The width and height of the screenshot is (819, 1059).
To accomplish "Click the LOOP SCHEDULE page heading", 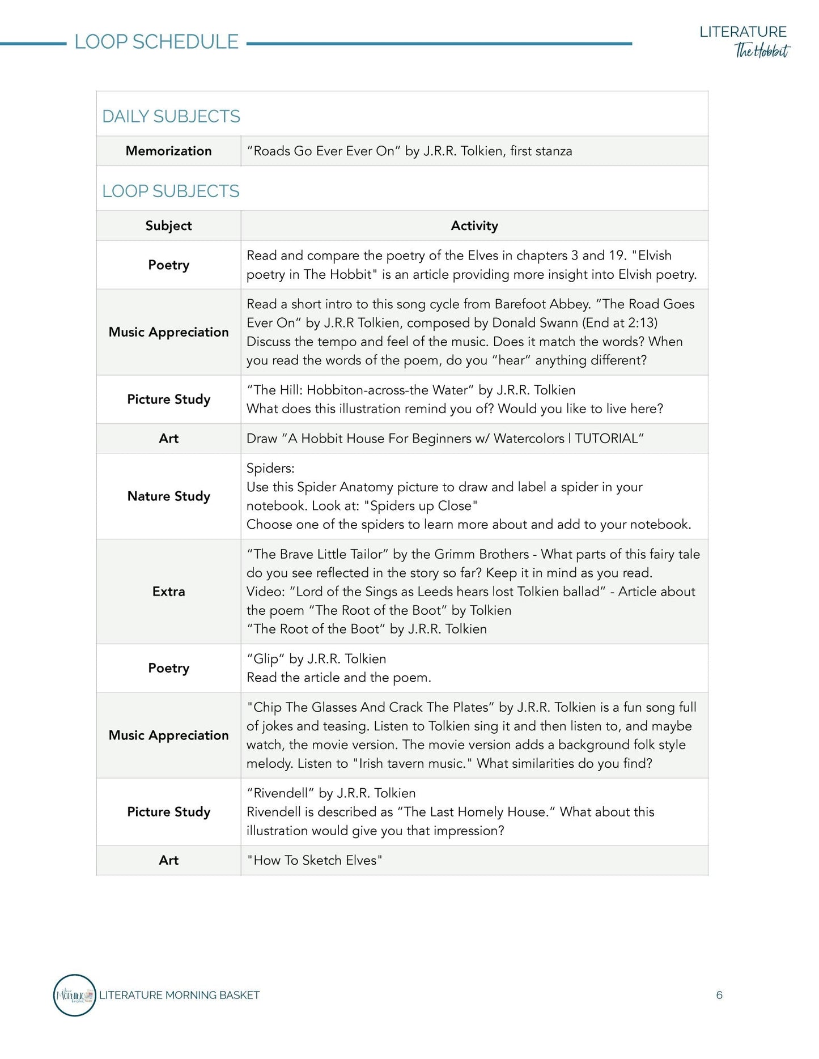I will coord(156,42).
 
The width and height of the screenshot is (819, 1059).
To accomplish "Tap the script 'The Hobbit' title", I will coord(761,51).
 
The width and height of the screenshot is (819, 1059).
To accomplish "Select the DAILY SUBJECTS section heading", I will coord(171,116).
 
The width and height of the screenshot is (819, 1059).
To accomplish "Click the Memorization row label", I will coord(168,151).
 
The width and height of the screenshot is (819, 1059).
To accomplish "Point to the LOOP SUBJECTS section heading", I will coord(171,191).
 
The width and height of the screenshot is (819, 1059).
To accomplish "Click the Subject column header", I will coord(168,226).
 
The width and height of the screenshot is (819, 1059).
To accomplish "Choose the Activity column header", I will coord(474,226).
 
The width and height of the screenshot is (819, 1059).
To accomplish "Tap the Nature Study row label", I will coord(168,496).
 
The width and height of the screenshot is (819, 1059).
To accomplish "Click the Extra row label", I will coord(168,591).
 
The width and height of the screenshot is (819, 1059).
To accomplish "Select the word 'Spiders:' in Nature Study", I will coord(270,468).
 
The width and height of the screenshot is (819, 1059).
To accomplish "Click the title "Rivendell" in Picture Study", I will coord(280,793).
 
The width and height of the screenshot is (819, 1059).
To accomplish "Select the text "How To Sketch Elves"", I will coord(315,860).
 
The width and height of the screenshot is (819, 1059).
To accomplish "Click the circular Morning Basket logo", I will coord(74,995).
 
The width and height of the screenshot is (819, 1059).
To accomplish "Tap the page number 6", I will coord(719,995).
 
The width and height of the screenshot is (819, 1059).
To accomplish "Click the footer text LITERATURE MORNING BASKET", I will coord(179,995).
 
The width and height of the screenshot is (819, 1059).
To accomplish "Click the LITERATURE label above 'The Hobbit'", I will coord(742,32).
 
